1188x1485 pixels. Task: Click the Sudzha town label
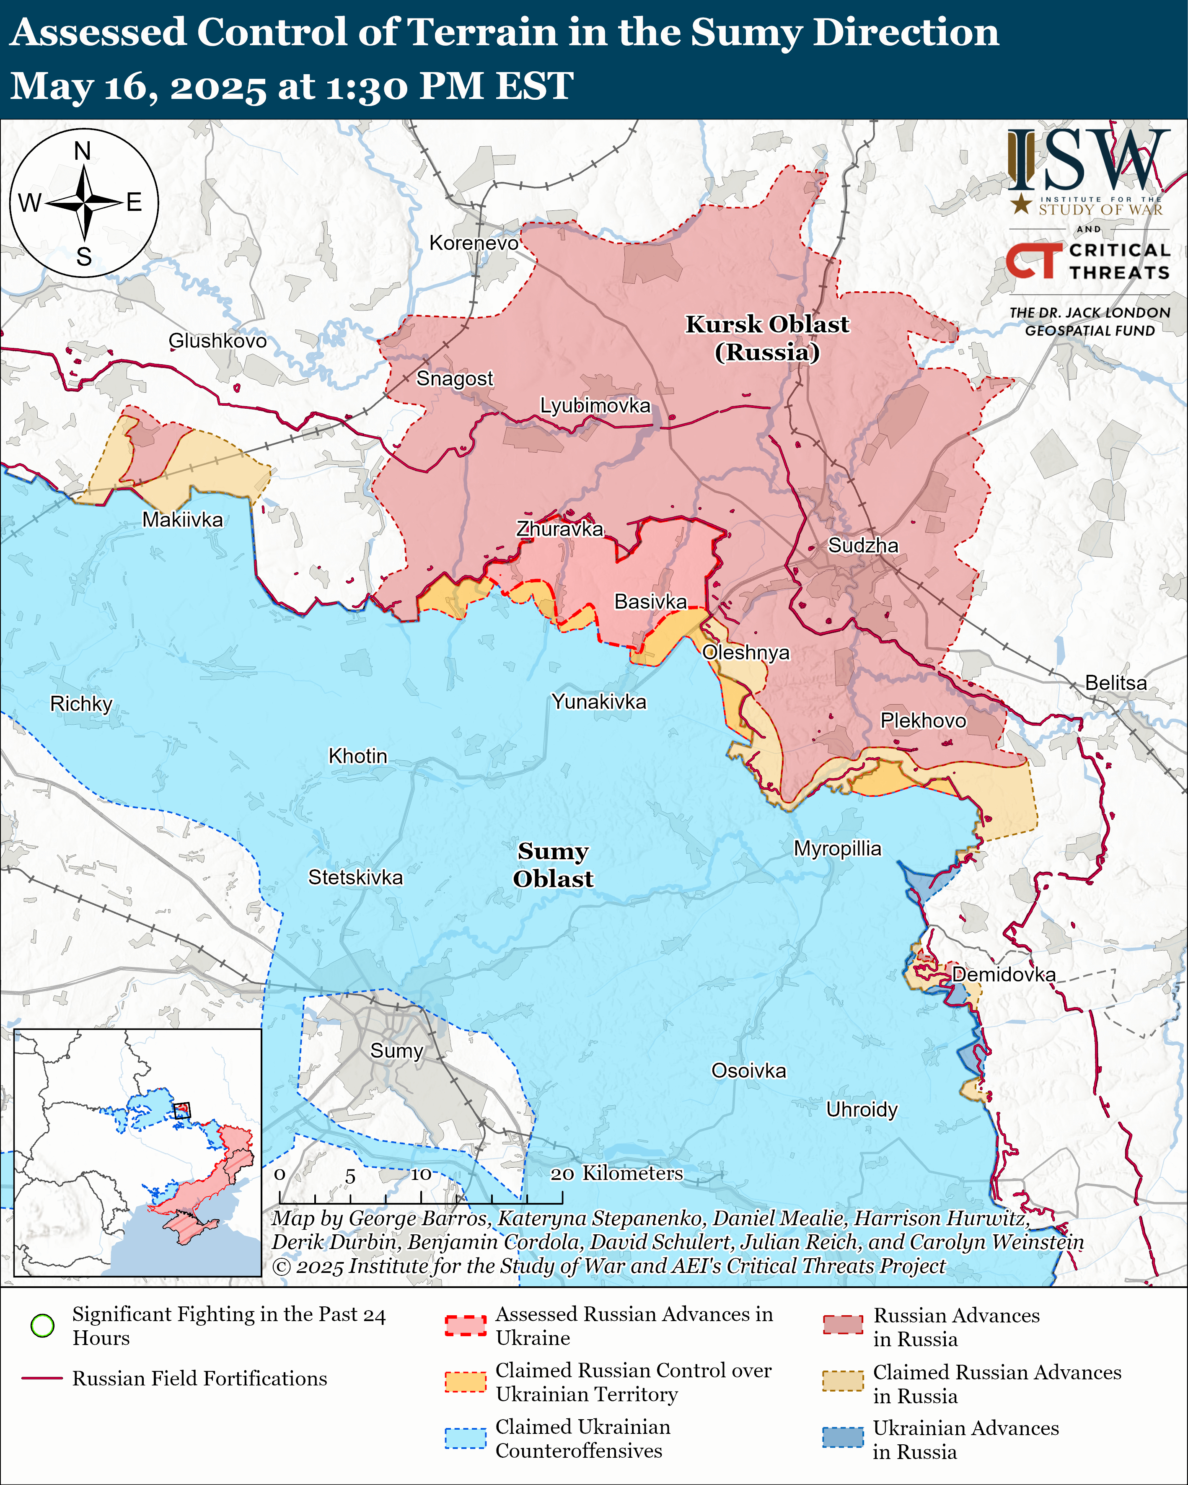click(862, 546)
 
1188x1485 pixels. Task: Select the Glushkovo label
click(217, 340)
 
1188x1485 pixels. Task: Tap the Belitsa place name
click(1116, 683)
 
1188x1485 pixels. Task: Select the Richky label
click(81, 703)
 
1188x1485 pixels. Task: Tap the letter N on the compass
click(83, 151)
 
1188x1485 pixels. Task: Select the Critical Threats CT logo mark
click(1033, 260)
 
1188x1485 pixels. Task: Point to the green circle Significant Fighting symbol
click(43, 1325)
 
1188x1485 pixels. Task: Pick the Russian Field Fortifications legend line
click(43, 1378)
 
